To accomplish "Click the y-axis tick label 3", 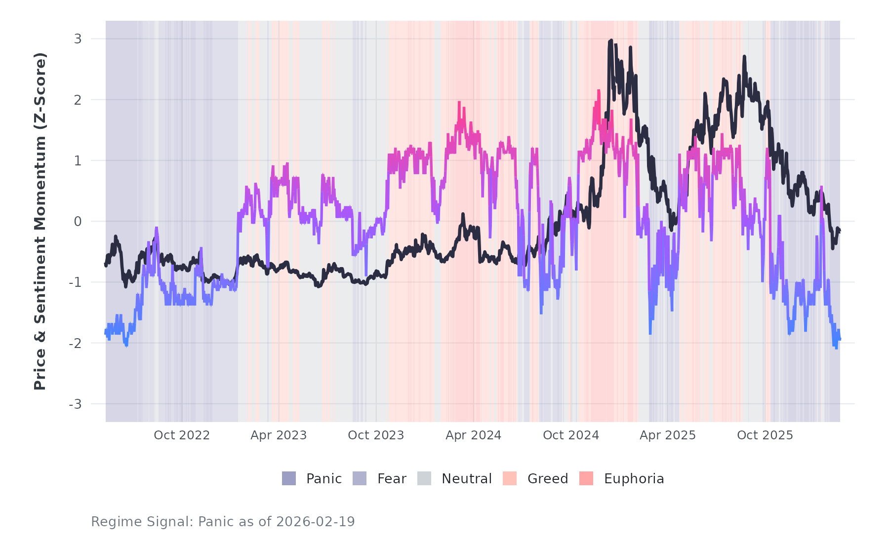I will (78, 39).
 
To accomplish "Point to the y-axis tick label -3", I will (75, 404).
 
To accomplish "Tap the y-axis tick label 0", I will (78, 222).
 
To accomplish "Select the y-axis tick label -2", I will (75, 344).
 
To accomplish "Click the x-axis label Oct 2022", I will (182, 435).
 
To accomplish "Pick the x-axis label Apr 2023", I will (279, 435).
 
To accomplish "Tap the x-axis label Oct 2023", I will (376, 435).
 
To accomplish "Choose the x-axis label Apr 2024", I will (473, 435).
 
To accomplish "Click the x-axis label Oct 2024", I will (571, 435).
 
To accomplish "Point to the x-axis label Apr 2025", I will (668, 435).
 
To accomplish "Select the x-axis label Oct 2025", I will (765, 435).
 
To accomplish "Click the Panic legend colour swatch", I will (289, 478).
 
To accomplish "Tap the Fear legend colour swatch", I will (360, 478).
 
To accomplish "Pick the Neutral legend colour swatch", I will (424, 478).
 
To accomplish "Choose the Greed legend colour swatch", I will (510, 478).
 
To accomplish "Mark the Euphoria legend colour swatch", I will (586, 478).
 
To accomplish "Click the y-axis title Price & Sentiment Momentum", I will (40, 221).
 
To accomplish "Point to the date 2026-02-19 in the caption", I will (316, 522).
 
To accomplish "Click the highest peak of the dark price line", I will (611, 40).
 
